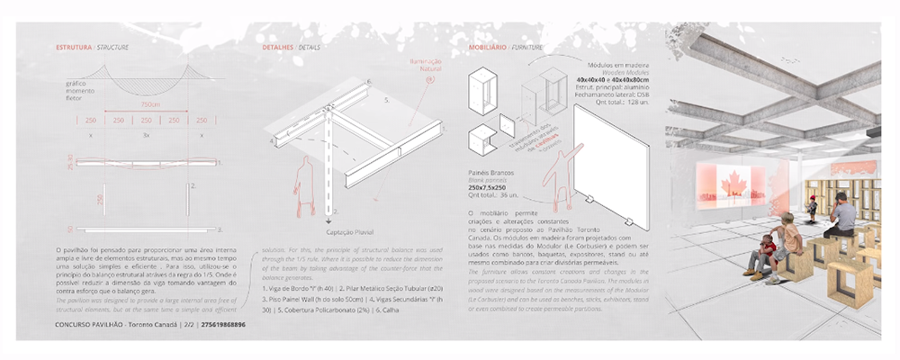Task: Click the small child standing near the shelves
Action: [811, 208]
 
